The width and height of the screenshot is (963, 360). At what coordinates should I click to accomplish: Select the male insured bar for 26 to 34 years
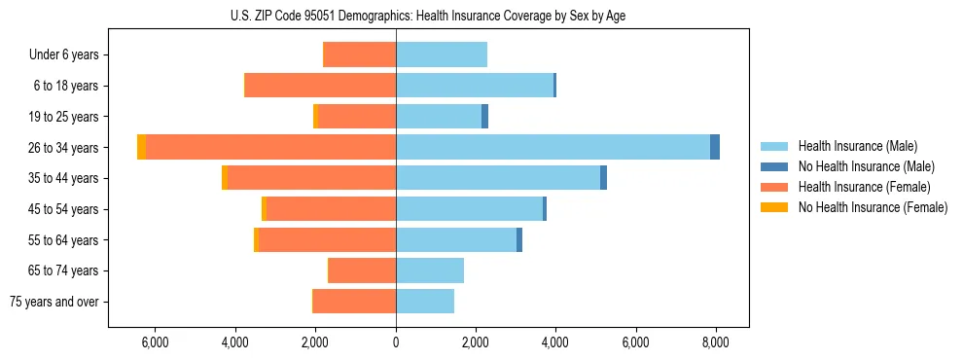click(x=553, y=147)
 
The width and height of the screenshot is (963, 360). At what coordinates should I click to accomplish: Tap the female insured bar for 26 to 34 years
click(x=270, y=147)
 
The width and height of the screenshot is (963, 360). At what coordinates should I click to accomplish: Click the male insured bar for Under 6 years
click(x=441, y=54)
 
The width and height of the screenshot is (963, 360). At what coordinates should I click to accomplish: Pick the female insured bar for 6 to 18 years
click(x=320, y=86)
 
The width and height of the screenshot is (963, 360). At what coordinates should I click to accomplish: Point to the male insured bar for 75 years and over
click(x=424, y=301)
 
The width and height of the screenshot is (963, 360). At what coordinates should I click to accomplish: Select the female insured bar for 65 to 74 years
click(x=362, y=270)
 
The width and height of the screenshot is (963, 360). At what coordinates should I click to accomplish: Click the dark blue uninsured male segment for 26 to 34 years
click(x=715, y=147)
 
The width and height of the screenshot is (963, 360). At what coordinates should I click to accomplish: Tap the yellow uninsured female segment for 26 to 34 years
click(x=141, y=147)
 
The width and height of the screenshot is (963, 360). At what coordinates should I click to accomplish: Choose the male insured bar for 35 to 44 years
click(x=498, y=178)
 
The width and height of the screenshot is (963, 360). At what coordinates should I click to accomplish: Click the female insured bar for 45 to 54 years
click(x=331, y=208)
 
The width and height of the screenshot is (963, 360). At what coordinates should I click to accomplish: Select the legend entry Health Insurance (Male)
click(x=857, y=146)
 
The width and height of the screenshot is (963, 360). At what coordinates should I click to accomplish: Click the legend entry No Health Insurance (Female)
click(x=873, y=207)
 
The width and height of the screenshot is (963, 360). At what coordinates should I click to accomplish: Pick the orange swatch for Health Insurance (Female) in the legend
click(x=775, y=187)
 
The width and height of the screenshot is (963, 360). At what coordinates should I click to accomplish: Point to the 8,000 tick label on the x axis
click(x=715, y=342)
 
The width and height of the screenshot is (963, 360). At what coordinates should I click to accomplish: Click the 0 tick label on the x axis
click(x=396, y=342)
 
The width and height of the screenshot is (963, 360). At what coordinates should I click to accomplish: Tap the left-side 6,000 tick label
click(x=156, y=342)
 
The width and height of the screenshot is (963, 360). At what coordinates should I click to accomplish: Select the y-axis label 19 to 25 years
click(x=64, y=117)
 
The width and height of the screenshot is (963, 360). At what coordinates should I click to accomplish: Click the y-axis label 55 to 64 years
click(x=64, y=239)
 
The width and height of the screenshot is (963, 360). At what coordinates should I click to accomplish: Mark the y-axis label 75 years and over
click(x=53, y=302)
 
